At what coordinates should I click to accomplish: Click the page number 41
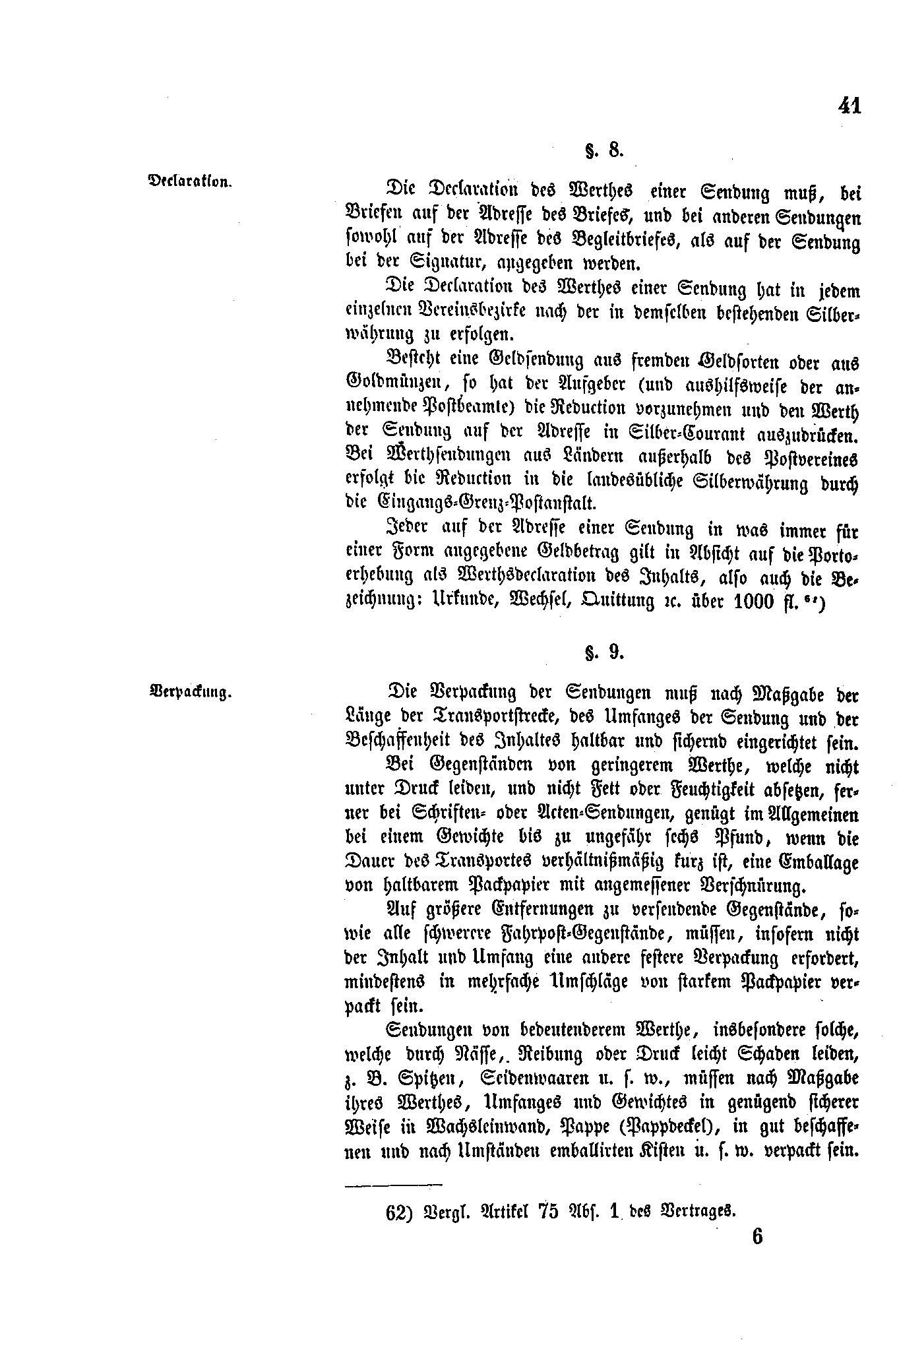(x=850, y=106)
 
